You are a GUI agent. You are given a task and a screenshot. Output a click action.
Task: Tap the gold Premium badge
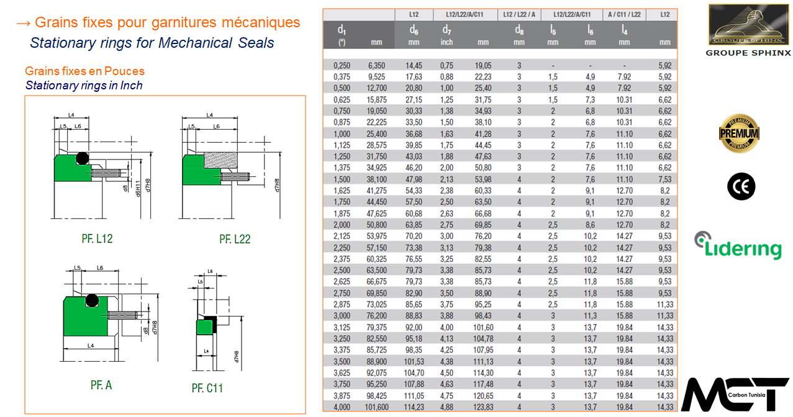pyautogui.click(x=739, y=133)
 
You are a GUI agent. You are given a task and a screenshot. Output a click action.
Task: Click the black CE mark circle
pyautogui.click(x=741, y=186)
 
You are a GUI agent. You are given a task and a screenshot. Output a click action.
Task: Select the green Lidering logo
pyautogui.click(x=738, y=246)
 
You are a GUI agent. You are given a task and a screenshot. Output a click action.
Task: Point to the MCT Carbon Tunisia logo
pyautogui.click(x=735, y=395)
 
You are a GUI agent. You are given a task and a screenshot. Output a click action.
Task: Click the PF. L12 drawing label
pyautogui.click(x=97, y=239)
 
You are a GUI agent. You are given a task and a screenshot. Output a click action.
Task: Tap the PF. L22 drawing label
pyautogui.click(x=235, y=239)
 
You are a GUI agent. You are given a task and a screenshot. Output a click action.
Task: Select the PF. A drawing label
pyautogui.click(x=101, y=385)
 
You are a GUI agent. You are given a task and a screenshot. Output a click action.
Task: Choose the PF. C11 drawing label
pyautogui.click(x=207, y=388)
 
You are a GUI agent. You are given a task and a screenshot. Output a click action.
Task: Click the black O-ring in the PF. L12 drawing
pyautogui.click(x=83, y=158)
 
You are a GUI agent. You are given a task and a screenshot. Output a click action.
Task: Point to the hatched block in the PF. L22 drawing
pyautogui.click(x=220, y=161)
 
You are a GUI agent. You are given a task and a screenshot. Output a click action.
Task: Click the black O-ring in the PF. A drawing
pyautogui.click(x=92, y=300)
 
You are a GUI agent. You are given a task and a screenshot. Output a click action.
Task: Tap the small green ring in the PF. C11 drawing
pyautogui.click(x=205, y=327)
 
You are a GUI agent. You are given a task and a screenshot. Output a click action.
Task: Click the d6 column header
pyautogui.click(x=414, y=30)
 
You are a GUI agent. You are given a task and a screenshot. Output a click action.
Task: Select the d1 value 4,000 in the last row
pyautogui.click(x=342, y=407)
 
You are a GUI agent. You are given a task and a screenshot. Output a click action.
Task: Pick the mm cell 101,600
pyautogui.click(x=377, y=407)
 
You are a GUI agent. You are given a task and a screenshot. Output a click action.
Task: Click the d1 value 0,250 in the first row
pyautogui.click(x=342, y=65)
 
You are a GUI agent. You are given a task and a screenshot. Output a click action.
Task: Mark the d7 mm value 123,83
pyautogui.click(x=483, y=407)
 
